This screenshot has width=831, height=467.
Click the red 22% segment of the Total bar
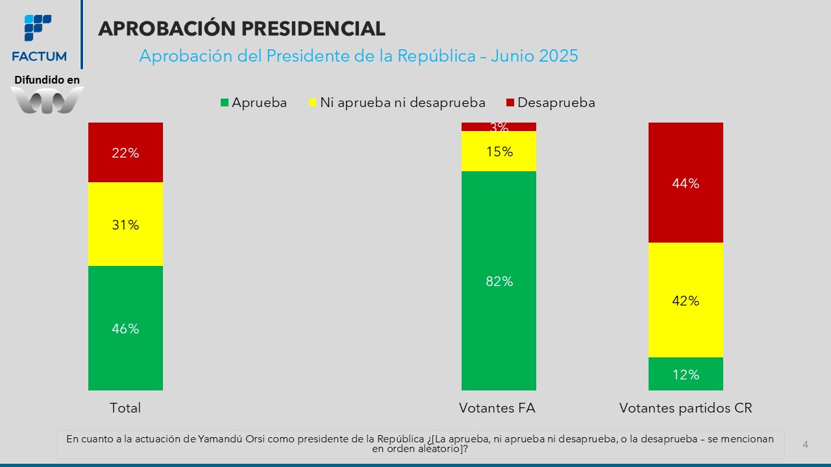pos(125,152)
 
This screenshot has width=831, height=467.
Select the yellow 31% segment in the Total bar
pos(125,224)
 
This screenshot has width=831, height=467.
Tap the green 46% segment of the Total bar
pos(125,328)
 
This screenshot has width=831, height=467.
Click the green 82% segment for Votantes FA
pos(499,281)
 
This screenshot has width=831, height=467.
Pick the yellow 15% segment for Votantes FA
pos(499,152)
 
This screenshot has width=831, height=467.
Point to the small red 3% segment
pos(499,126)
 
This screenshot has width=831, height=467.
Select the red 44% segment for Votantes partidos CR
pos(686,183)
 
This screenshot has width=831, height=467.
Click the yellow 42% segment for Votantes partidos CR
pos(686,300)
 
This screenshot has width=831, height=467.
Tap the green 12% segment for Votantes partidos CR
pos(686,374)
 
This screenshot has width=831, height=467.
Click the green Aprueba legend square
pos(225,103)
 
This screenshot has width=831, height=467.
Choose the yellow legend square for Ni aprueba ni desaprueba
pos(313,103)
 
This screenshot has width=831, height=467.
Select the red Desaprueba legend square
pos(510,103)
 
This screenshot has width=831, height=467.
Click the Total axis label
pos(125,408)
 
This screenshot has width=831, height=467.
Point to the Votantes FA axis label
pos(497,408)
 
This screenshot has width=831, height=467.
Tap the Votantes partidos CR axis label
pos(686,408)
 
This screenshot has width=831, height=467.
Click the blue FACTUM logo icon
pos(38,27)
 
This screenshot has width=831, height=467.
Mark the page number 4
pos(805,445)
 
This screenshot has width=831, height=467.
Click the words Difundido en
pos(47,80)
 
